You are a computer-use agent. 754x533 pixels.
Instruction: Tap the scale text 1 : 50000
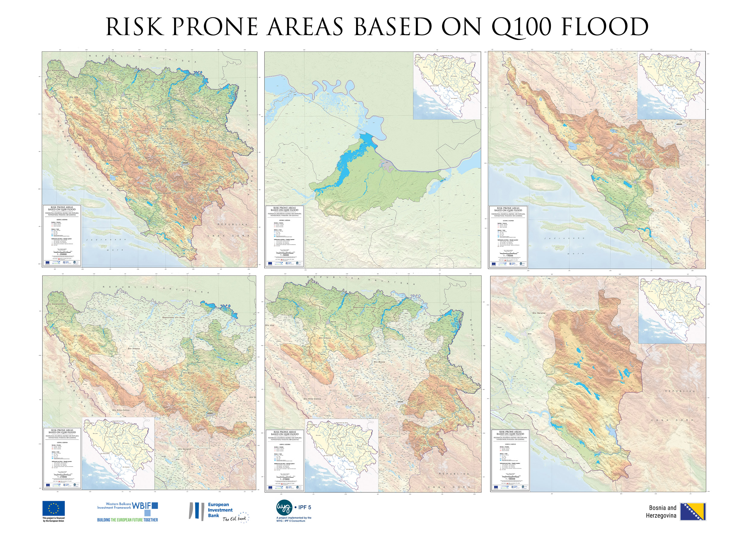tap(284, 255)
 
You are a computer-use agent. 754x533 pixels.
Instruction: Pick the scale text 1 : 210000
tap(62, 477)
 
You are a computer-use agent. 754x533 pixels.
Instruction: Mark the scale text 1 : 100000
tap(510, 479)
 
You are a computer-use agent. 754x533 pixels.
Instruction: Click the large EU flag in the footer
tap(53, 508)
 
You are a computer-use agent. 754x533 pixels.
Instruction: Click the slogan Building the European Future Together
tap(127, 520)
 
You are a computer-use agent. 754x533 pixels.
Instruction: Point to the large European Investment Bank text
tap(220, 510)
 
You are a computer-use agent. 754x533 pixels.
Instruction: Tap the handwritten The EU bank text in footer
tap(234, 519)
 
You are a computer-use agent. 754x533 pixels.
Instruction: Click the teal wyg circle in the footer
tap(284, 508)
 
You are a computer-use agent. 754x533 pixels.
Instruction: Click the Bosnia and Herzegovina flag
tap(693, 511)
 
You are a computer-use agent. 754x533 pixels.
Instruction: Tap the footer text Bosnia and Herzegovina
tap(661, 512)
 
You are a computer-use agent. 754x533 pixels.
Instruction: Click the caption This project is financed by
tap(53, 519)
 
